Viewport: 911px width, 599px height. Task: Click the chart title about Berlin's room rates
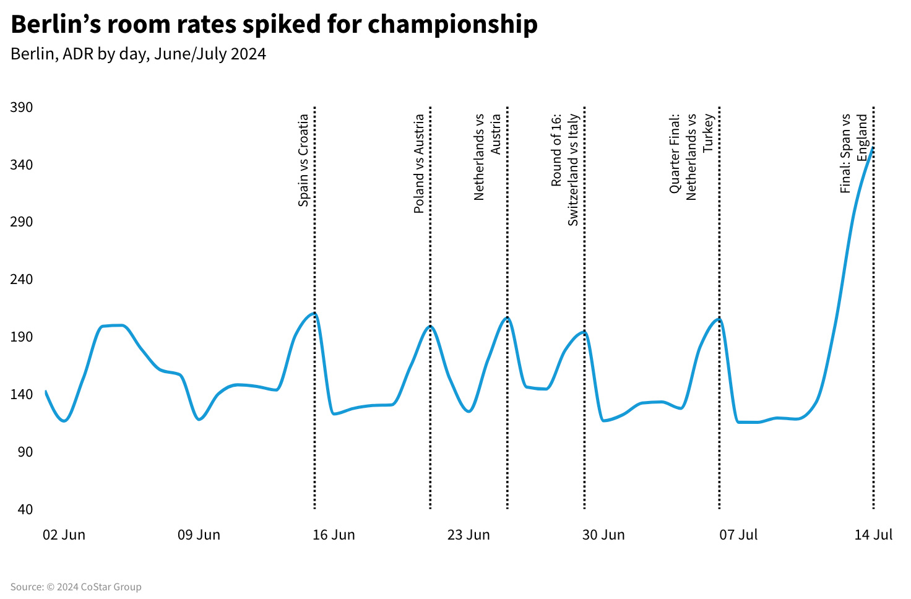(274, 25)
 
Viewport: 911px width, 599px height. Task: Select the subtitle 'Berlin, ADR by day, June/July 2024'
(138, 54)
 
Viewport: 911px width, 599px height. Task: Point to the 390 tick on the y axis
(22, 108)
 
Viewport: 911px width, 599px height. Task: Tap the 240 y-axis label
(22, 280)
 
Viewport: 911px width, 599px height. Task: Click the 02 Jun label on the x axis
(64, 535)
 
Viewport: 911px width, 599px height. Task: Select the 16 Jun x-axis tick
(334, 535)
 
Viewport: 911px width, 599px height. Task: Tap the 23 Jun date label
(468, 535)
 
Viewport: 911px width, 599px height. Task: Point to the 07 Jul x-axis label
(738, 535)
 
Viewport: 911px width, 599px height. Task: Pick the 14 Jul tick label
(873, 535)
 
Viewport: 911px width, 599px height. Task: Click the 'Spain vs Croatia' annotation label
(303, 160)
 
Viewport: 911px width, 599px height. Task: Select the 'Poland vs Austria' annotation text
(419, 164)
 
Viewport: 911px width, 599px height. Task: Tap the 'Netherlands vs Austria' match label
(487, 157)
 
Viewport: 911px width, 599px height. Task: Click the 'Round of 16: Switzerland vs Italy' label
(564, 169)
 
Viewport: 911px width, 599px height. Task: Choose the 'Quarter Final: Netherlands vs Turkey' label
(691, 156)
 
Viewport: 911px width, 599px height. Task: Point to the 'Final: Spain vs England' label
(854, 153)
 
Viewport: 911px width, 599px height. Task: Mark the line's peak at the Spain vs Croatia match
(314, 313)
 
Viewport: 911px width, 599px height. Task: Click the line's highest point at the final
(873, 147)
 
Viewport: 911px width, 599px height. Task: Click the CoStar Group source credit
(76, 587)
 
